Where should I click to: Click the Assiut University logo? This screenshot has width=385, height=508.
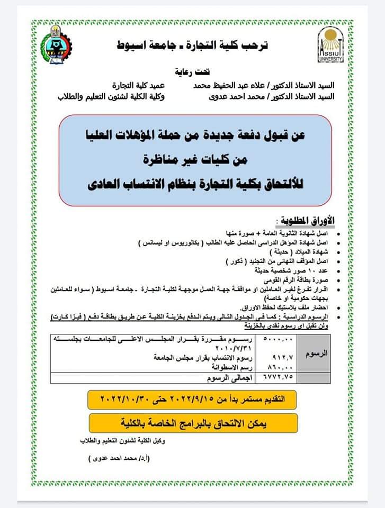click(330, 44)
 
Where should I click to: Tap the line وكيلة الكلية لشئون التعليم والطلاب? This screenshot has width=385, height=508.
click(111, 97)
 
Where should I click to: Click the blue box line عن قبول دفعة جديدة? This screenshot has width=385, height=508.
click(196, 137)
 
